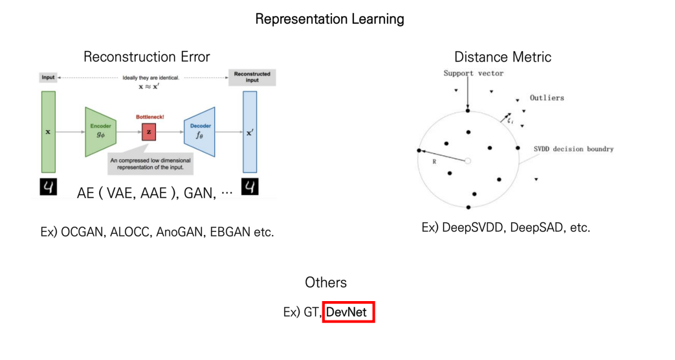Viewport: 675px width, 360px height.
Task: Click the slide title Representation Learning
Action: (x=329, y=19)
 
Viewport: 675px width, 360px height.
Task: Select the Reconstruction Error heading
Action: (x=147, y=57)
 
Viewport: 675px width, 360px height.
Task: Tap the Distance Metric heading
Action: (x=503, y=57)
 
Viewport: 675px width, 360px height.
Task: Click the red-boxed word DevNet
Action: (x=348, y=313)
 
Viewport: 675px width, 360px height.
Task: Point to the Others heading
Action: (x=326, y=283)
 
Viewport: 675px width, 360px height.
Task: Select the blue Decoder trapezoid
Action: (x=199, y=132)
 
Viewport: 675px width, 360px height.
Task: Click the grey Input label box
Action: (x=49, y=77)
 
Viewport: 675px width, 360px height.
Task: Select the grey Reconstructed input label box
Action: (x=252, y=77)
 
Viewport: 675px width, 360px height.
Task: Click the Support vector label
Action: (x=473, y=73)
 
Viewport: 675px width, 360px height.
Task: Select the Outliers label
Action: (x=547, y=98)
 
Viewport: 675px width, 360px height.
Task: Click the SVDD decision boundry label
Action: (x=574, y=149)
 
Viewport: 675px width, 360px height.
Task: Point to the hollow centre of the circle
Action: (x=468, y=160)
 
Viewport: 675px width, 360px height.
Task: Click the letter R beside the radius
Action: (x=434, y=162)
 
